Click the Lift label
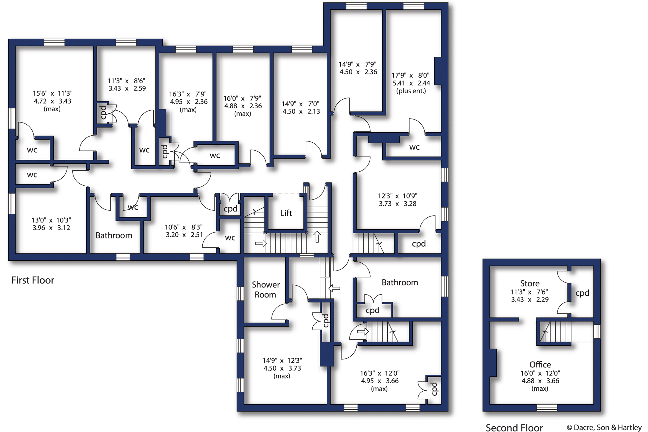tap(286, 213)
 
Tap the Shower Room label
tap(265, 290)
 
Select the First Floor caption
tap(33, 280)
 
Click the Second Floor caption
tap(514, 427)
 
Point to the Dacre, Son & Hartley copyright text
tap(604, 427)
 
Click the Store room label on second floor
tap(530, 283)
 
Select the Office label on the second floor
tap(540, 364)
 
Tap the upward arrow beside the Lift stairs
tap(317, 237)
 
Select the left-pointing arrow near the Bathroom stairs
tap(334, 288)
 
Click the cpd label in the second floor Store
tap(582, 293)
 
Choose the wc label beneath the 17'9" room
tap(414, 147)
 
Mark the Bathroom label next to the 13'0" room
tap(114, 235)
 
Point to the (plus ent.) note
tap(411, 91)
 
